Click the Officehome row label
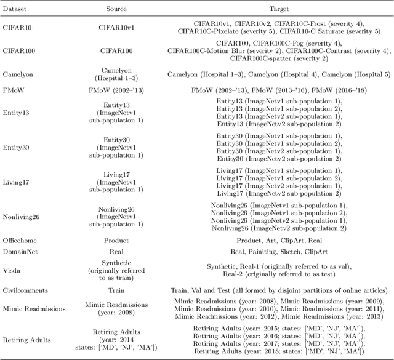coord(20,241)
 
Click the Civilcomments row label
coord(23,289)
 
